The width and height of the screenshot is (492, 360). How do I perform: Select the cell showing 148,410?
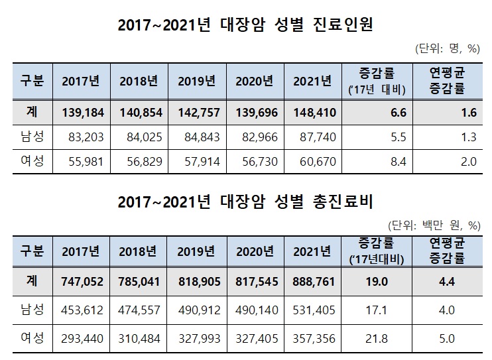click(312, 113)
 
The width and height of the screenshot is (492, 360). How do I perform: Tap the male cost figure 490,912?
click(199, 314)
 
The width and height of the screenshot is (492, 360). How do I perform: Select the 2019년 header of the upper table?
click(197, 81)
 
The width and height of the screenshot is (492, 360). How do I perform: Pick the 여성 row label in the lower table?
click(32, 338)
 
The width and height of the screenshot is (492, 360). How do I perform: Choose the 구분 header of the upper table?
click(32, 81)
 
